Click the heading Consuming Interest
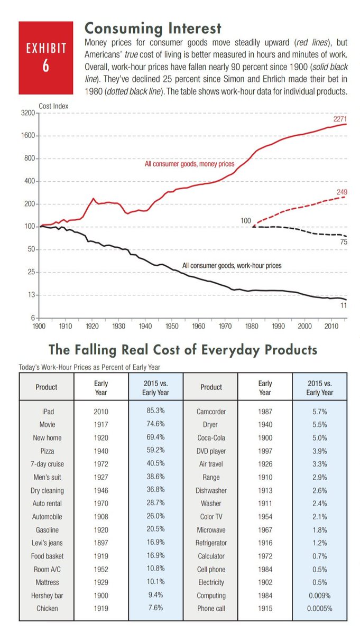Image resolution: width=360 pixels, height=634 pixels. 153,27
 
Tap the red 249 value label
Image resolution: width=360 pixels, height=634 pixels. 341,191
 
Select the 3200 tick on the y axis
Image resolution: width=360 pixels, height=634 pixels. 27,113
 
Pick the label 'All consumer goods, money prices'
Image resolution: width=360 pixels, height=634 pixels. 189,164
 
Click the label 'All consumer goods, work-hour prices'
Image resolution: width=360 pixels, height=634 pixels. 232,265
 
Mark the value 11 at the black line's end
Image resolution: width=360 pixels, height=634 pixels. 343,305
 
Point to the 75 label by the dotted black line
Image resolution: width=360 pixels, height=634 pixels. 343,241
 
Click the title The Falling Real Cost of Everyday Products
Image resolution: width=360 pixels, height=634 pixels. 183,350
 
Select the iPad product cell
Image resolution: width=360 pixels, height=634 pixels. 47,411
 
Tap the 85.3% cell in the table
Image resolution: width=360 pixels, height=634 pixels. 155,411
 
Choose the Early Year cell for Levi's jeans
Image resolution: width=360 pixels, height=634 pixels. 101,543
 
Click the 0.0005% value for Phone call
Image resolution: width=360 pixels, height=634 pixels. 320,609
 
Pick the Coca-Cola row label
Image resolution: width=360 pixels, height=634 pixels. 211,437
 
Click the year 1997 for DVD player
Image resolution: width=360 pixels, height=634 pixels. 265,451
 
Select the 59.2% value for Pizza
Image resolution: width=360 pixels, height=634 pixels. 155,451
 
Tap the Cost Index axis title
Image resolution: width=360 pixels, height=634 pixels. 53,106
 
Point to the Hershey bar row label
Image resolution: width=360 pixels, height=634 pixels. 47,595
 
